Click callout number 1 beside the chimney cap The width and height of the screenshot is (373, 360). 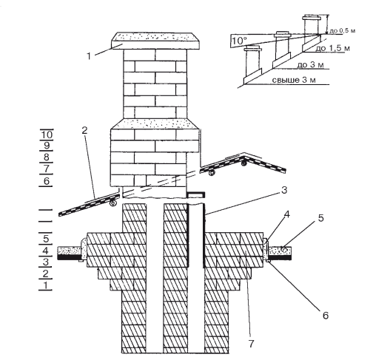pyautogui.click(x=89, y=56)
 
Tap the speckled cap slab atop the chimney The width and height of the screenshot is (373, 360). pyautogui.click(x=155, y=41)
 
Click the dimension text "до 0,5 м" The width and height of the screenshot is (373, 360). pyautogui.click(x=343, y=31)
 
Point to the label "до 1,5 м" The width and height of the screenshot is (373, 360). pyautogui.click(x=332, y=48)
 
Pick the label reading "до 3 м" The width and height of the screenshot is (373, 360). pyautogui.click(x=310, y=65)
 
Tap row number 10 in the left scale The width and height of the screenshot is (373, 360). pyautogui.click(x=47, y=135)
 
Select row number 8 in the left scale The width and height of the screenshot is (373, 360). pyautogui.click(x=47, y=157)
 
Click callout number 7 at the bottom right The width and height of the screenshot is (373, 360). pyautogui.click(x=251, y=344)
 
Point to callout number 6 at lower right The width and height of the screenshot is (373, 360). pyautogui.click(x=326, y=315)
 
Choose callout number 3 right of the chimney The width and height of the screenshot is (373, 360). pyautogui.click(x=284, y=190)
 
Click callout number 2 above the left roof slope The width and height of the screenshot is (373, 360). pyautogui.click(x=84, y=131)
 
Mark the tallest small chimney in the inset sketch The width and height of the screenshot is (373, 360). pyautogui.click(x=312, y=32)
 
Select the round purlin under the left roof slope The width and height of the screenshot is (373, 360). pyautogui.click(x=113, y=203)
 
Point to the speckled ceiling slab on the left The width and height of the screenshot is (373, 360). pyautogui.click(x=70, y=251)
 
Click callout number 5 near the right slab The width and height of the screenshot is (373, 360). pyautogui.click(x=320, y=218)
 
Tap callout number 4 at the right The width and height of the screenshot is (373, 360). pyautogui.click(x=286, y=214)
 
